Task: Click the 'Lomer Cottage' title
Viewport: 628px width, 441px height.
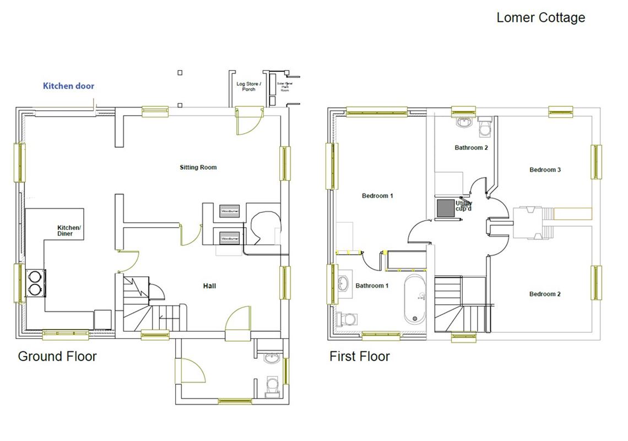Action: (x=540, y=18)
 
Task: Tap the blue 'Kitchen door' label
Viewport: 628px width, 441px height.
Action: (x=69, y=86)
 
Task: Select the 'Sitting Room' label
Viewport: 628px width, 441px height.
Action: (x=198, y=167)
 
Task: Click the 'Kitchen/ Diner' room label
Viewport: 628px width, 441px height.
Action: (x=69, y=230)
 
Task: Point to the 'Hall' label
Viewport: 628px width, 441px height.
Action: (x=209, y=286)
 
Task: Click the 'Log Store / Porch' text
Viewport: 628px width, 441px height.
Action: (x=248, y=87)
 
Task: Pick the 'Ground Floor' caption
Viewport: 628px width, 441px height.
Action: (x=57, y=356)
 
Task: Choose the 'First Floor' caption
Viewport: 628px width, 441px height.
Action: (x=359, y=356)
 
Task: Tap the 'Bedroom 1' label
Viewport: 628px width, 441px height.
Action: (x=377, y=196)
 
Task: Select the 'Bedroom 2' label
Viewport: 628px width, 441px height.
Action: (x=545, y=294)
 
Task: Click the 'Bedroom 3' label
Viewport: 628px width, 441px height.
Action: (x=545, y=170)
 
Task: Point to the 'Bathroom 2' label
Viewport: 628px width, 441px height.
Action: (x=471, y=148)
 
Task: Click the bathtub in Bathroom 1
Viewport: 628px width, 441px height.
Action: (x=415, y=300)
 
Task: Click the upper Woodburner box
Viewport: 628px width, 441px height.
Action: (x=230, y=211)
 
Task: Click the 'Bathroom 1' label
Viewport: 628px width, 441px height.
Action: (x=372, y=286)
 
